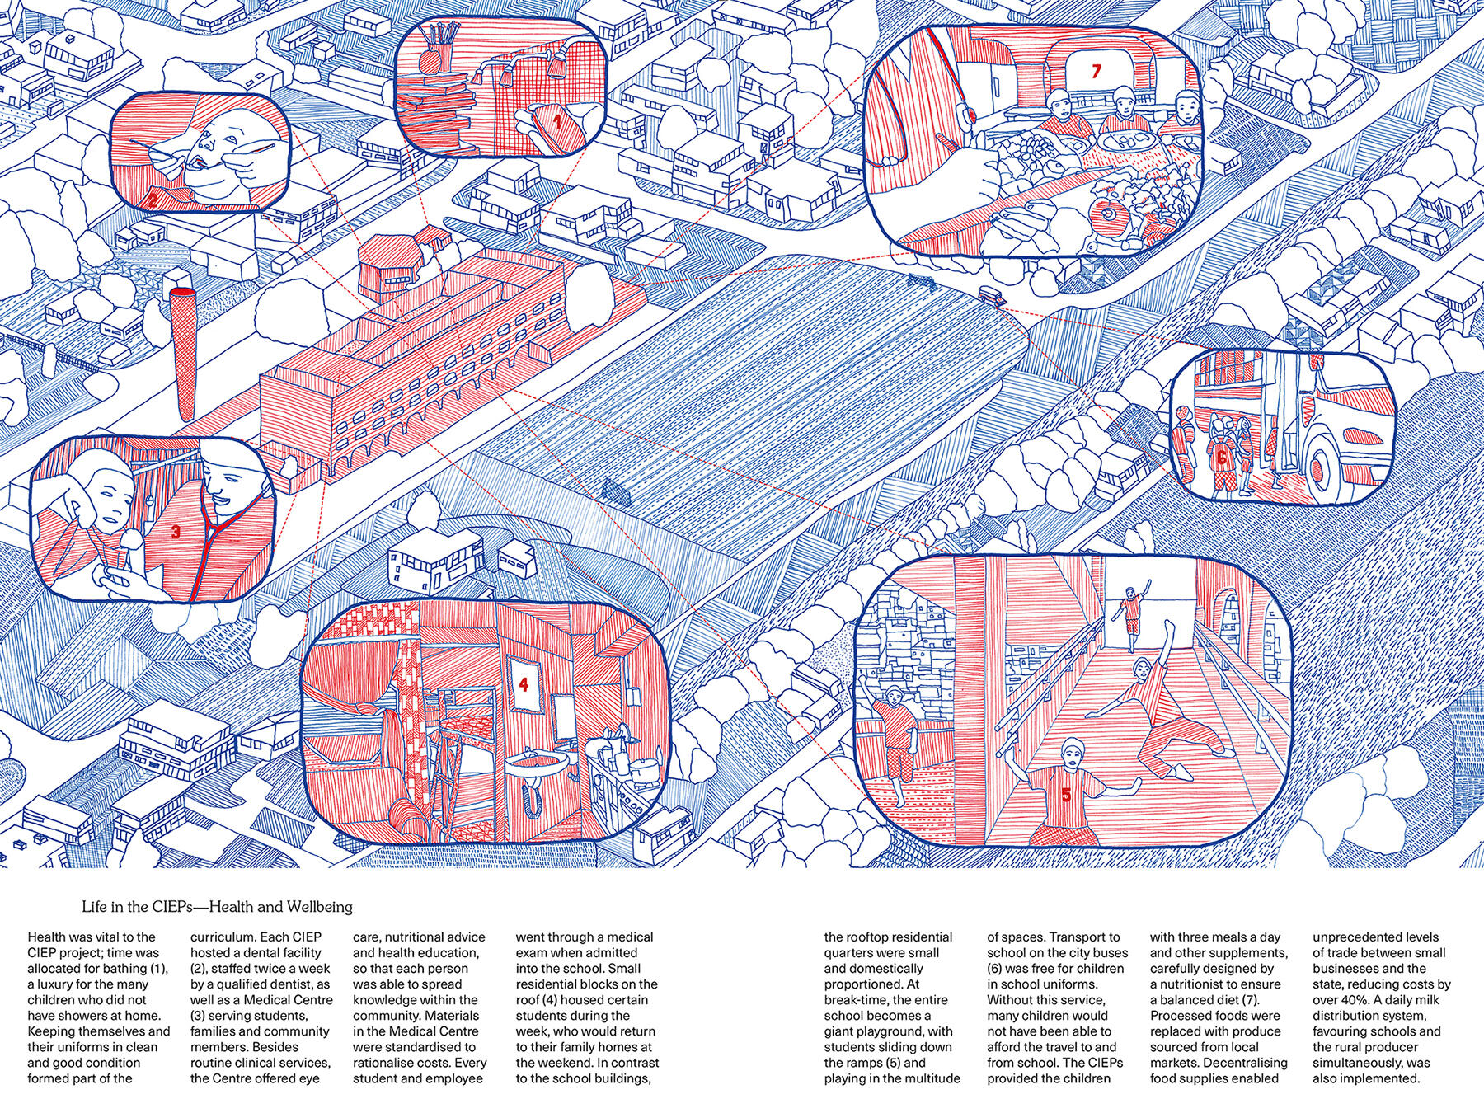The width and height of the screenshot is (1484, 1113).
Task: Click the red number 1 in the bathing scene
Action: coord(556,124)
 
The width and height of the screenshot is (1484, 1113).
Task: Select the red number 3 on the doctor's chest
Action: coord(174,533)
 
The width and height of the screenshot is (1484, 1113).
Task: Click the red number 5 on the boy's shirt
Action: coord(1065,796)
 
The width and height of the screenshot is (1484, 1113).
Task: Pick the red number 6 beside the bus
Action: coord(1221,455)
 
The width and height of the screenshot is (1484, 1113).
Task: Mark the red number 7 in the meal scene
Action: coord(1095,72)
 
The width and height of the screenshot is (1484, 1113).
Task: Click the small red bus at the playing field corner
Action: coord(990,295)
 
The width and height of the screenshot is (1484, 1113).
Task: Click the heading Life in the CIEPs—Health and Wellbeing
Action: coord(217,908)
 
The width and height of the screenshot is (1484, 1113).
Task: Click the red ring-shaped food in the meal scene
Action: coord(1107,217)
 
